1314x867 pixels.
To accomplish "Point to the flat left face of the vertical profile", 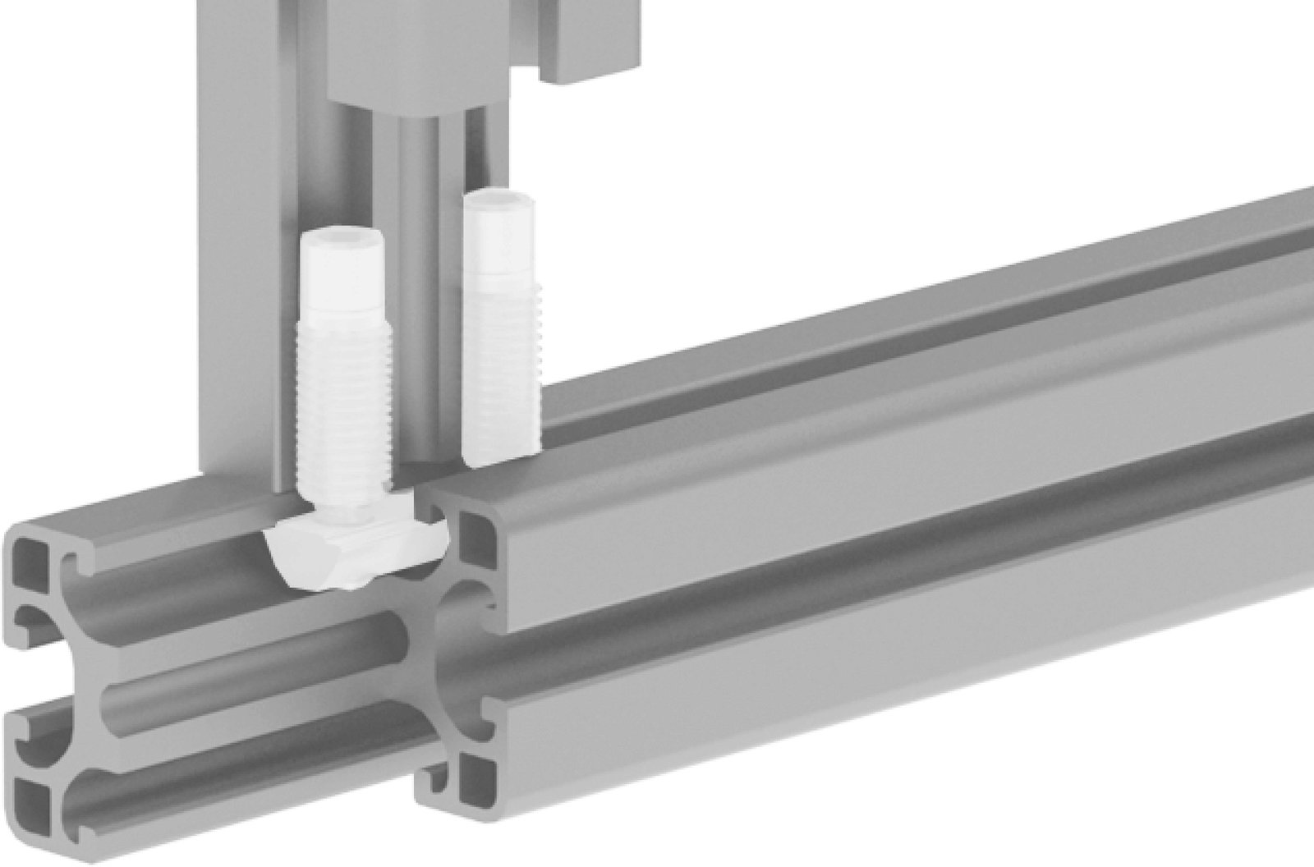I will [x=238, y=246].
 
